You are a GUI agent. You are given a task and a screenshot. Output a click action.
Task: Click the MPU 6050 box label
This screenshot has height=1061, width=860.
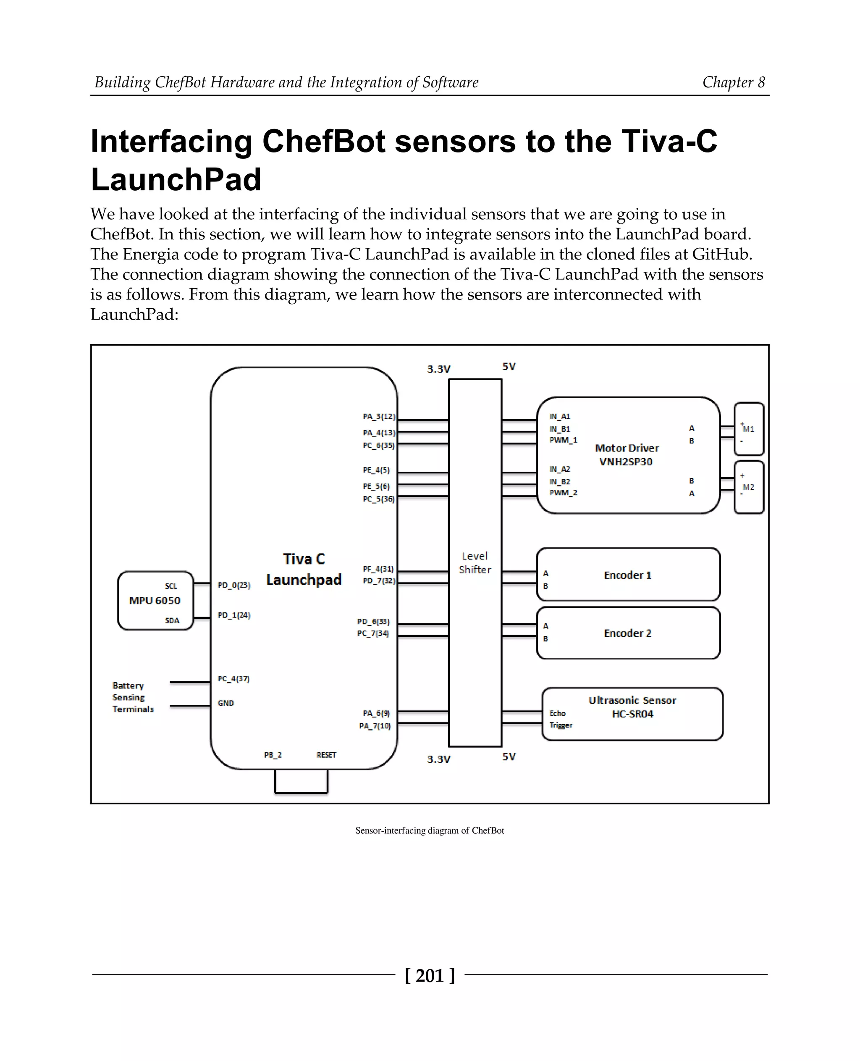[155, 600]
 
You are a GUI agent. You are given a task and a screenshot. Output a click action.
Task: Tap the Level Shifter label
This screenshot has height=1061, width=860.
[475, 562]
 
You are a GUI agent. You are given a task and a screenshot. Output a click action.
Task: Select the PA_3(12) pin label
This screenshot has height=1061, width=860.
[378, 417]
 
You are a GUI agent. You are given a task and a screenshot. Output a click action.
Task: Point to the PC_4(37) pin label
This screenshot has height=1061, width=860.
[233, 678]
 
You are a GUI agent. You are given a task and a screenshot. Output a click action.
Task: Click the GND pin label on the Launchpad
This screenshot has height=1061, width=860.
[225, 703]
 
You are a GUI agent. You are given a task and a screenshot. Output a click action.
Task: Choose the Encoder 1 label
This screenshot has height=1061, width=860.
[627, 575]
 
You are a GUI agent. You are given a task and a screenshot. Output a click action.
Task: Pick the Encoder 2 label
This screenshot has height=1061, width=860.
[627, 633]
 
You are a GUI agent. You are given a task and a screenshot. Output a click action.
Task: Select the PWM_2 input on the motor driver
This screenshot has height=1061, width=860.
[563, 493]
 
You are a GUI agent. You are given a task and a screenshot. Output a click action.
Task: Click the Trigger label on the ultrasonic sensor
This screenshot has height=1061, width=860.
[560, 725]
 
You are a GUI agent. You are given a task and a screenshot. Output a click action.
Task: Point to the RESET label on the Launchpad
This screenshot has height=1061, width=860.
[326, 755]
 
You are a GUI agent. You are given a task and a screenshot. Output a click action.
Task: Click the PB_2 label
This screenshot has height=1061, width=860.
[273, 755]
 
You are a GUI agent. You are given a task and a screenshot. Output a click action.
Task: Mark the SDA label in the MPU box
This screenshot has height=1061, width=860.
[172, 620]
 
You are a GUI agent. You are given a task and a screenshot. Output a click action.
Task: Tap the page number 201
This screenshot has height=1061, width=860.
[430, 975]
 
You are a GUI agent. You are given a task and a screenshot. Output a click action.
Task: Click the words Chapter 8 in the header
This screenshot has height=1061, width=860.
[733, 82]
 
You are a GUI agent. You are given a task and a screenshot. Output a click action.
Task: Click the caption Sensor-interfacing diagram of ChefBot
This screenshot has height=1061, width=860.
[430, 830]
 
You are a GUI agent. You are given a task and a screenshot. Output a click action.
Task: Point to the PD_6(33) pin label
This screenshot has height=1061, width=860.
[374, 621]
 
